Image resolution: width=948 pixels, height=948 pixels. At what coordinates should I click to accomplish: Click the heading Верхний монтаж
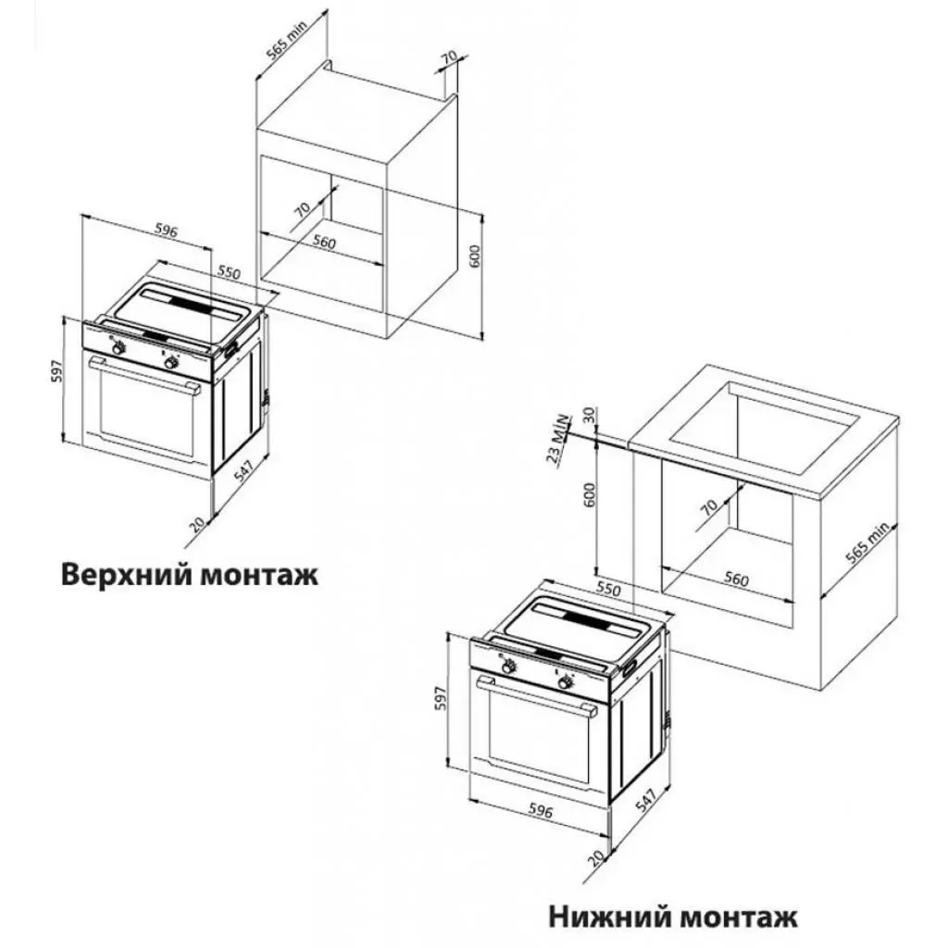[x=190, y=574]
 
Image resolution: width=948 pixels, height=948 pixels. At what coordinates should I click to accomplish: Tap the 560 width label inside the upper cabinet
[x=322, y=243]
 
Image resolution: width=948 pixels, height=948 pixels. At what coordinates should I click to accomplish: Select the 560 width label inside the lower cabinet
[x=734, y=580]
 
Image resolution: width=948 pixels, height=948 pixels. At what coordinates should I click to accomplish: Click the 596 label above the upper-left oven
[x=166, y=231]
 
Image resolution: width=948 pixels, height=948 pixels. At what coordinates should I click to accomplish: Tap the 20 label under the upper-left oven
[x=196, y=523]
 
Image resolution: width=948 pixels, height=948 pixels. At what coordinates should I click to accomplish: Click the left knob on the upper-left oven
[x=118, y=348]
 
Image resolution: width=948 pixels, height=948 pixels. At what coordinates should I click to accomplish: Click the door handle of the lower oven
[x=537, y=696]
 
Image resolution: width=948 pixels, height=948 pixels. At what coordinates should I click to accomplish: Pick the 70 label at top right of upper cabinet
[x=449, y=60]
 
